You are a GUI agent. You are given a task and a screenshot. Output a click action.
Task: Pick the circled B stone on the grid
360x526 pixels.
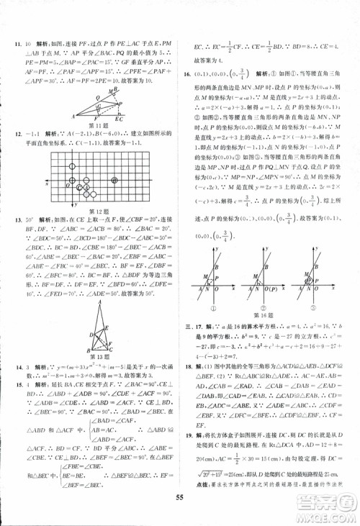click(x=73, y=181)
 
